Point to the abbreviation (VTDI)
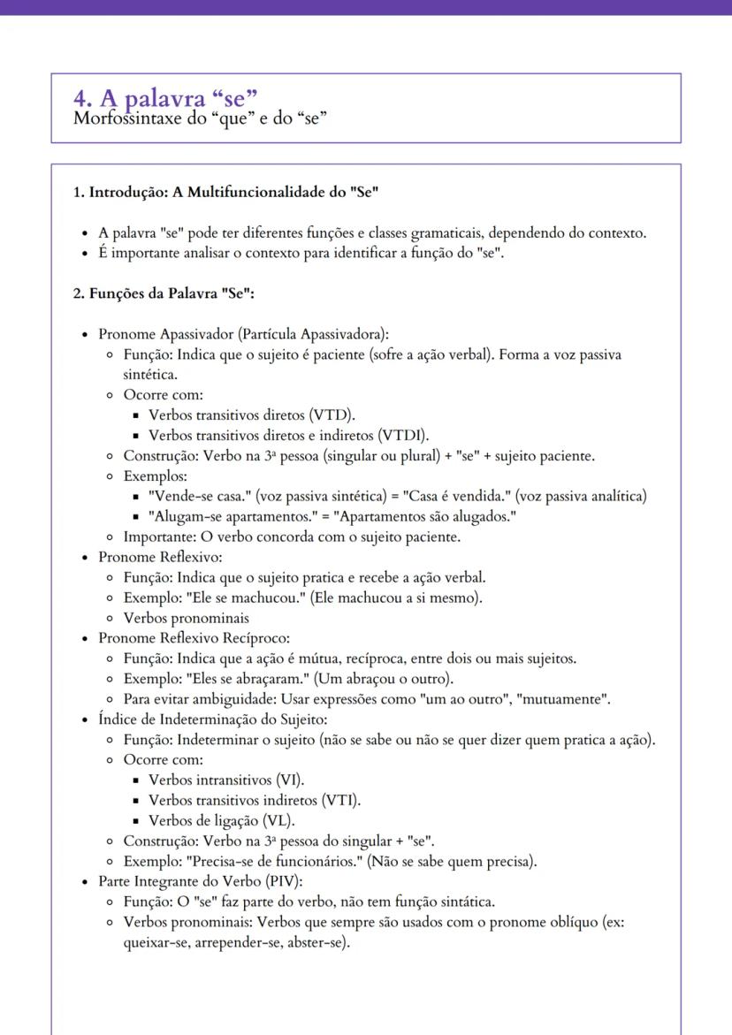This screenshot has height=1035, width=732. pos(403,435)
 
